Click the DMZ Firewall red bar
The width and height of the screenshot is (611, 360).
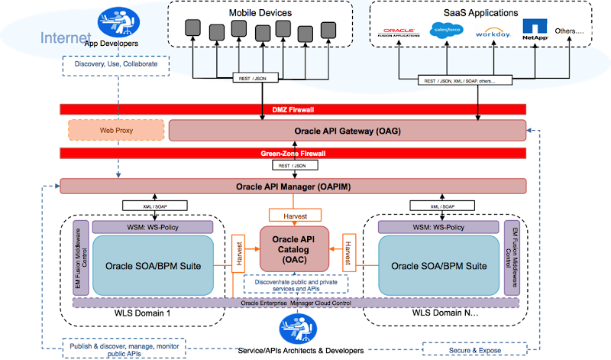pos(293,109)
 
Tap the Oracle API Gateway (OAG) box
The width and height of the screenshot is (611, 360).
pos(347,131)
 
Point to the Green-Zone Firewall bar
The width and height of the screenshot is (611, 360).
pos(293,153)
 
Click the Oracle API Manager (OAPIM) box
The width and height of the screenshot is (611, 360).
pos(293,186)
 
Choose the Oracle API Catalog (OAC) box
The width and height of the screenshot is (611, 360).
pos(295,248)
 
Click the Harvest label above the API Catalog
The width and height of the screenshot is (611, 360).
pos(294,216)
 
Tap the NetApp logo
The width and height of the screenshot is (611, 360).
pos(535,31)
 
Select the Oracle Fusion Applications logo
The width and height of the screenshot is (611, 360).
pos(399,33)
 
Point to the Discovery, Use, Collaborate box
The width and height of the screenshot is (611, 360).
pos(115,65)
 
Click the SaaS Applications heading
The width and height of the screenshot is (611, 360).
pos(482,13)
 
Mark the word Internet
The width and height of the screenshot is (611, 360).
pos(65,37)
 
